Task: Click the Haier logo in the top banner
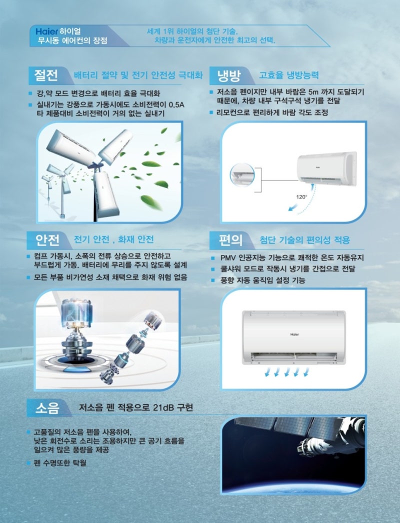(x=46, y=30)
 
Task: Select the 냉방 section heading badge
(x=228, y=76)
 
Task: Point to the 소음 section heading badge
(x=46, y=408)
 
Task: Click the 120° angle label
(x=301, y=196)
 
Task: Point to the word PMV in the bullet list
(x=230, y=258)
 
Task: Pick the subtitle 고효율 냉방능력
(x=288, y=76)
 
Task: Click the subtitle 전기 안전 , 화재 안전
(x=113, y=239)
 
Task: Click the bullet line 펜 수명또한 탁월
(x=59, y=463)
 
